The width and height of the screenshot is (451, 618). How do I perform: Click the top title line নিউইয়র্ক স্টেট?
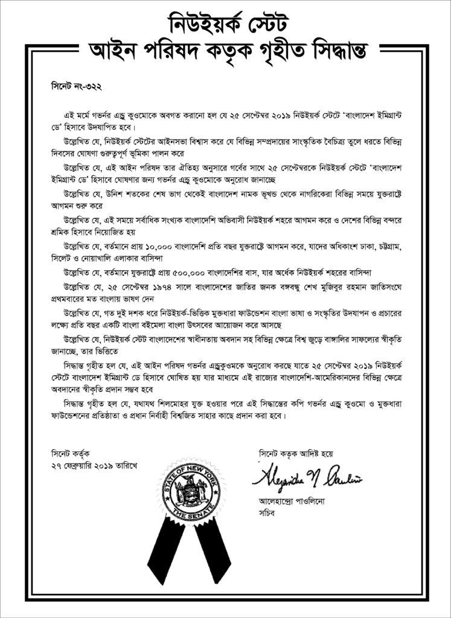coord(225,24)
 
